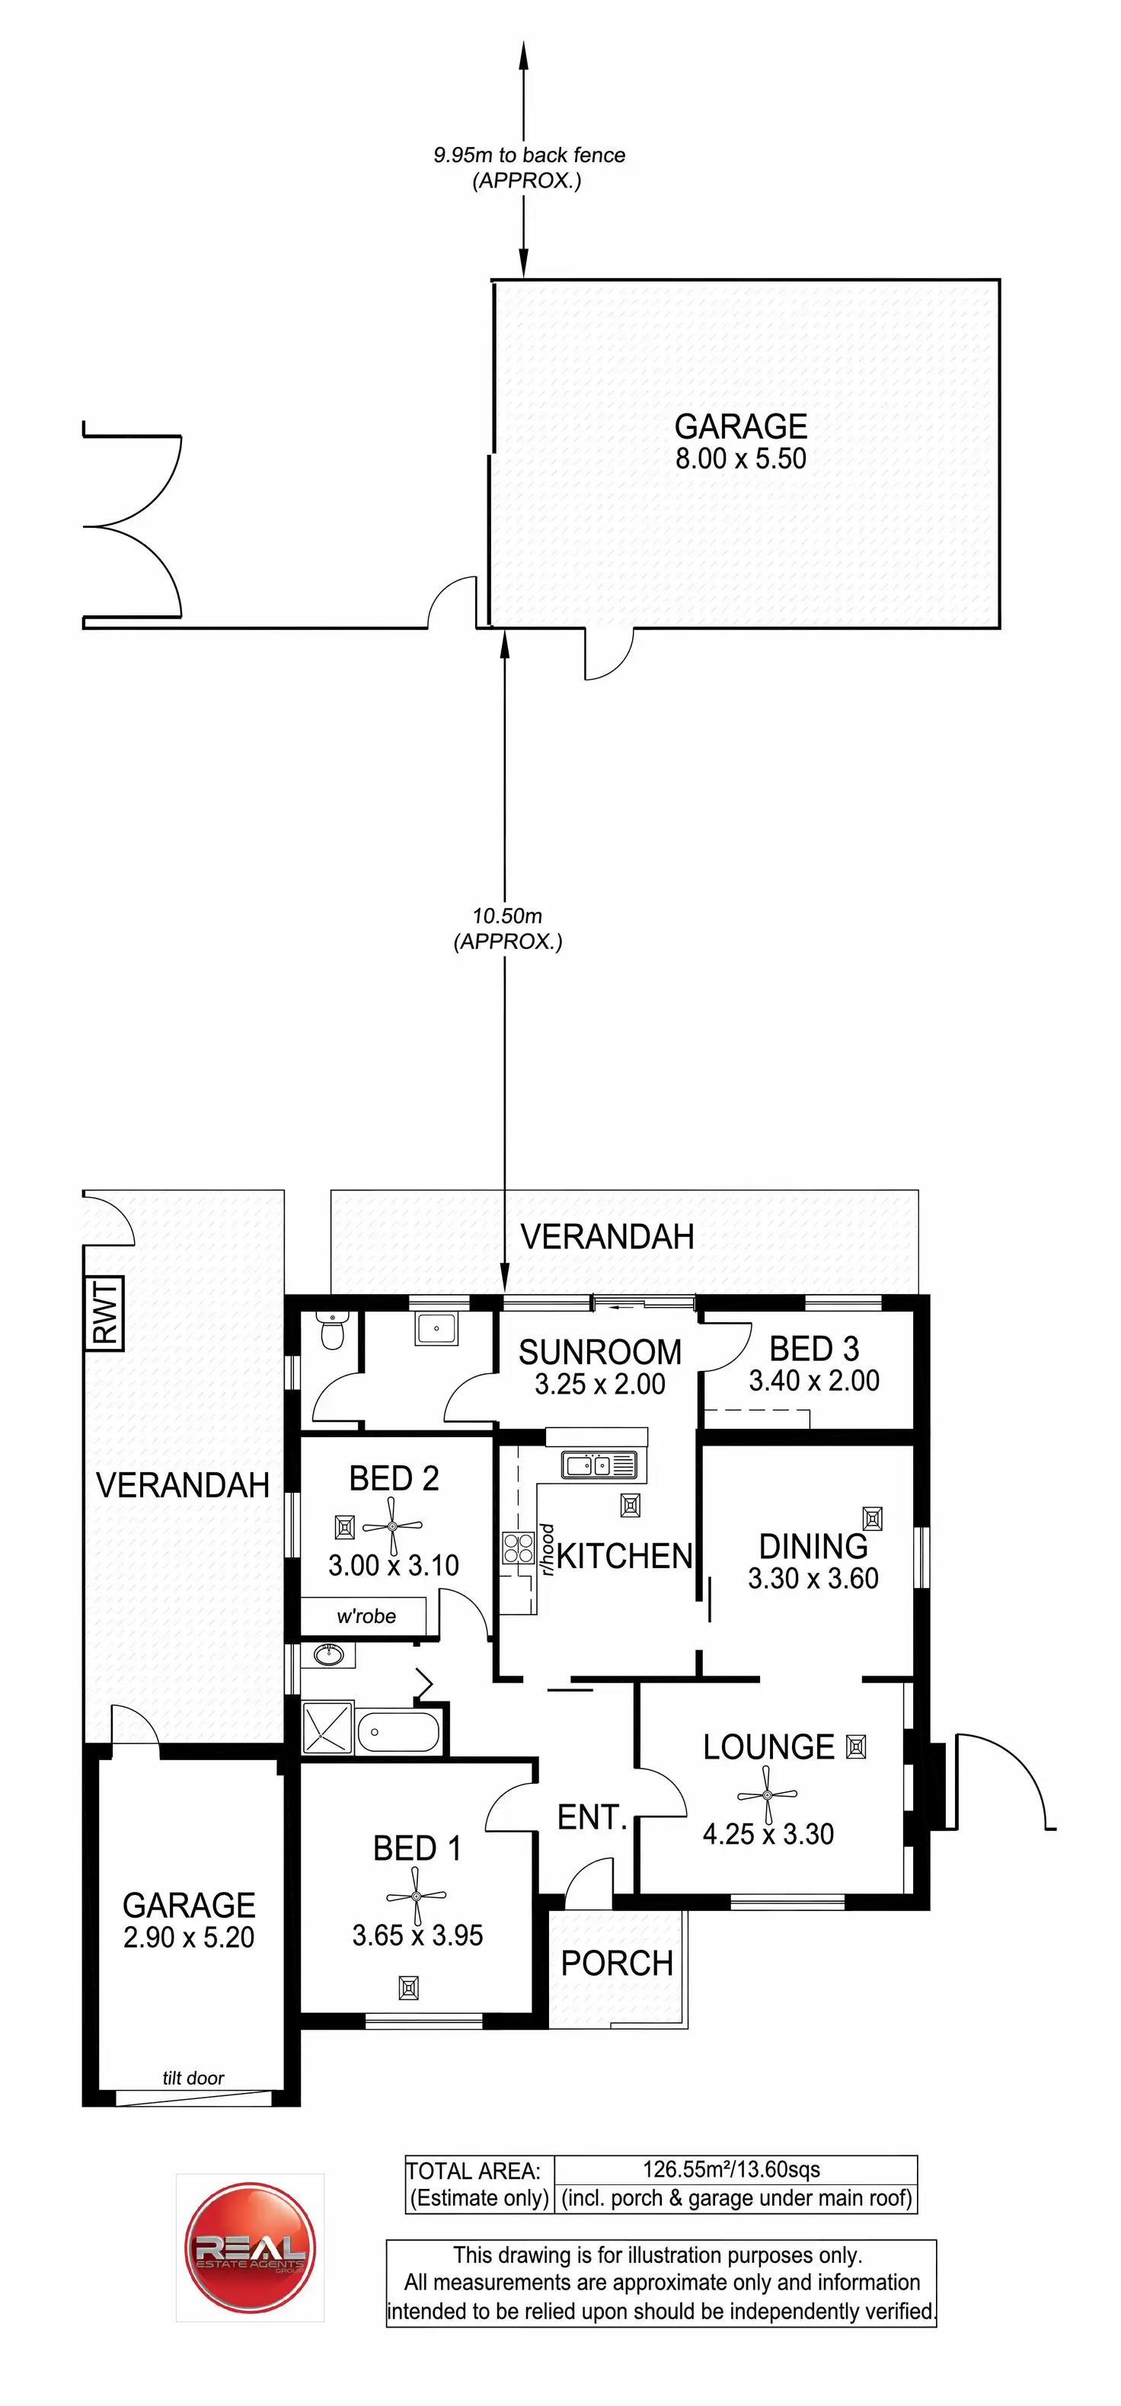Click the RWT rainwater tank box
coord(107,1312)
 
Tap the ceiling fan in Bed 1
coord(417,1896)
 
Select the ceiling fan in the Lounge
coord(767,1794)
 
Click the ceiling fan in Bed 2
coord(392,1526)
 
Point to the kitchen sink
coord(598,1465)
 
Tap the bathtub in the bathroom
coord(398,1732)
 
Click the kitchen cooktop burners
coord(518,1548)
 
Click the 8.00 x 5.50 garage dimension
coord(741,459)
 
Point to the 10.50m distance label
coord(507,916)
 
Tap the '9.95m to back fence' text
coord(529,155)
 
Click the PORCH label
coord(617,1963)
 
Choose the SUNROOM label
coord(600,1351)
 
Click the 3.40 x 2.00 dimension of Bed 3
coord(813,1381)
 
